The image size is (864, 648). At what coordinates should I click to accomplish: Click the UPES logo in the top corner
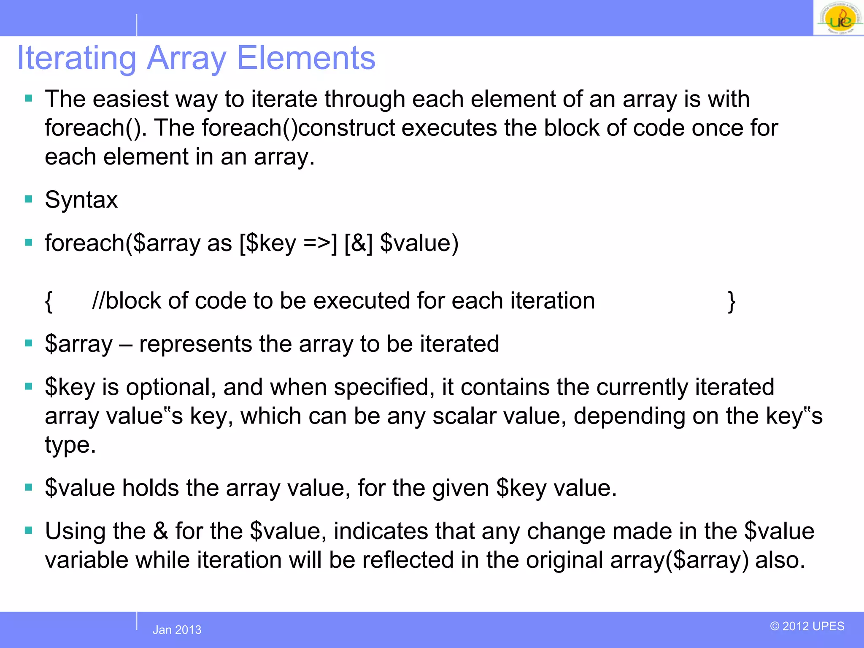[x=839, y=19]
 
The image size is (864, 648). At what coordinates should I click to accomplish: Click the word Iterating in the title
[x=76, y=58]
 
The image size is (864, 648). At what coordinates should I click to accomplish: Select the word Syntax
[x=81, y=200]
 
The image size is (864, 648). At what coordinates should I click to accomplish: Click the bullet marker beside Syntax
[x=29, y=199]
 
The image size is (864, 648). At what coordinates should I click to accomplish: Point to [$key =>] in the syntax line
[x=288, y=243]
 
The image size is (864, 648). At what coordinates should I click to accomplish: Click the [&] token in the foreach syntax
[x=358, y=243]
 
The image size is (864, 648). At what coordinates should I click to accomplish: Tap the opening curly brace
[x=49, y=301]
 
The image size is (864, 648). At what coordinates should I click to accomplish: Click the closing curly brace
[x=732, y=301]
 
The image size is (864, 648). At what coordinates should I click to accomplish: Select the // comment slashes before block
[x=98, y=301]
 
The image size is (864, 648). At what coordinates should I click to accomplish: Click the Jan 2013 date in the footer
[x=177, y=630]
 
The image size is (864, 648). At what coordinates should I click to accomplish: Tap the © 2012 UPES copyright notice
[x=807, y=626]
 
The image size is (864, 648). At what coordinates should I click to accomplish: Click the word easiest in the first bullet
[x=130, y=100]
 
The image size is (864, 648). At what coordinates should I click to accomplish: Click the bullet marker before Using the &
[x=29, y=531]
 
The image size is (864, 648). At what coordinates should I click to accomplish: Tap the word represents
[x=195, y=344]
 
